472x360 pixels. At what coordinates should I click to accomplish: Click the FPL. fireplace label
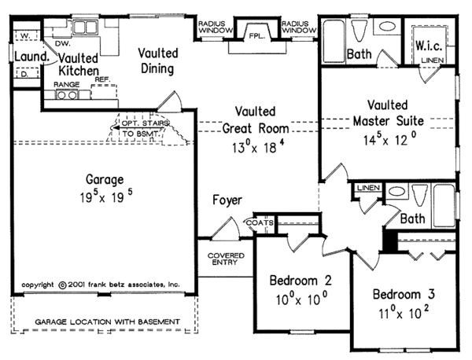tap(256, 36)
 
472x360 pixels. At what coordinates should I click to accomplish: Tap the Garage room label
tap(105, 179)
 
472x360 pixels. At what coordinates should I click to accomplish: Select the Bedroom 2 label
tap(301, 281)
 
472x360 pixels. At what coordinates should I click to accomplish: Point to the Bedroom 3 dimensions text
tap(404, 313)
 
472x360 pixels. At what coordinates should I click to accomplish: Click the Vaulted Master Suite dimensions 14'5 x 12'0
tap(390, 139)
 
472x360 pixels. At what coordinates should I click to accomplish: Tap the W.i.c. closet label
tap(429, 46)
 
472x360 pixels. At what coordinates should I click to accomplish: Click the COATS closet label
tap(260, 223)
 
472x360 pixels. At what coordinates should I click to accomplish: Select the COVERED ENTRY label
tap(226, 259)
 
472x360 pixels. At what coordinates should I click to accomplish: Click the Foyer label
tap(227, 200)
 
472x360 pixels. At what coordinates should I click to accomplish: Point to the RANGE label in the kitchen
tap(67, 85)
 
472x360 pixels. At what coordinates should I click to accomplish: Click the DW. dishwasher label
tap(63, 43)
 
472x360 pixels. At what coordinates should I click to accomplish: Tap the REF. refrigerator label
tap(102, 79)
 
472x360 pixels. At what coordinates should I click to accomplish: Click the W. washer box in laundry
tap(26, 35)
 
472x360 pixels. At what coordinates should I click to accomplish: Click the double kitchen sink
tap(86, 28)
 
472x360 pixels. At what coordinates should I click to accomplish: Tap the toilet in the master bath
tap(360, 31)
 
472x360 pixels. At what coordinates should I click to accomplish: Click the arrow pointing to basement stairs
tap(139, 128)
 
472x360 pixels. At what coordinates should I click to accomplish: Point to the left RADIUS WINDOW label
tap(216, 27)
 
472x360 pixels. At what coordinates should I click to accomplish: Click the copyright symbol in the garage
tap(62, 285)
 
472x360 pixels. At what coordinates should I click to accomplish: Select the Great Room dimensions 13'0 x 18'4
tap(258, 147)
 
